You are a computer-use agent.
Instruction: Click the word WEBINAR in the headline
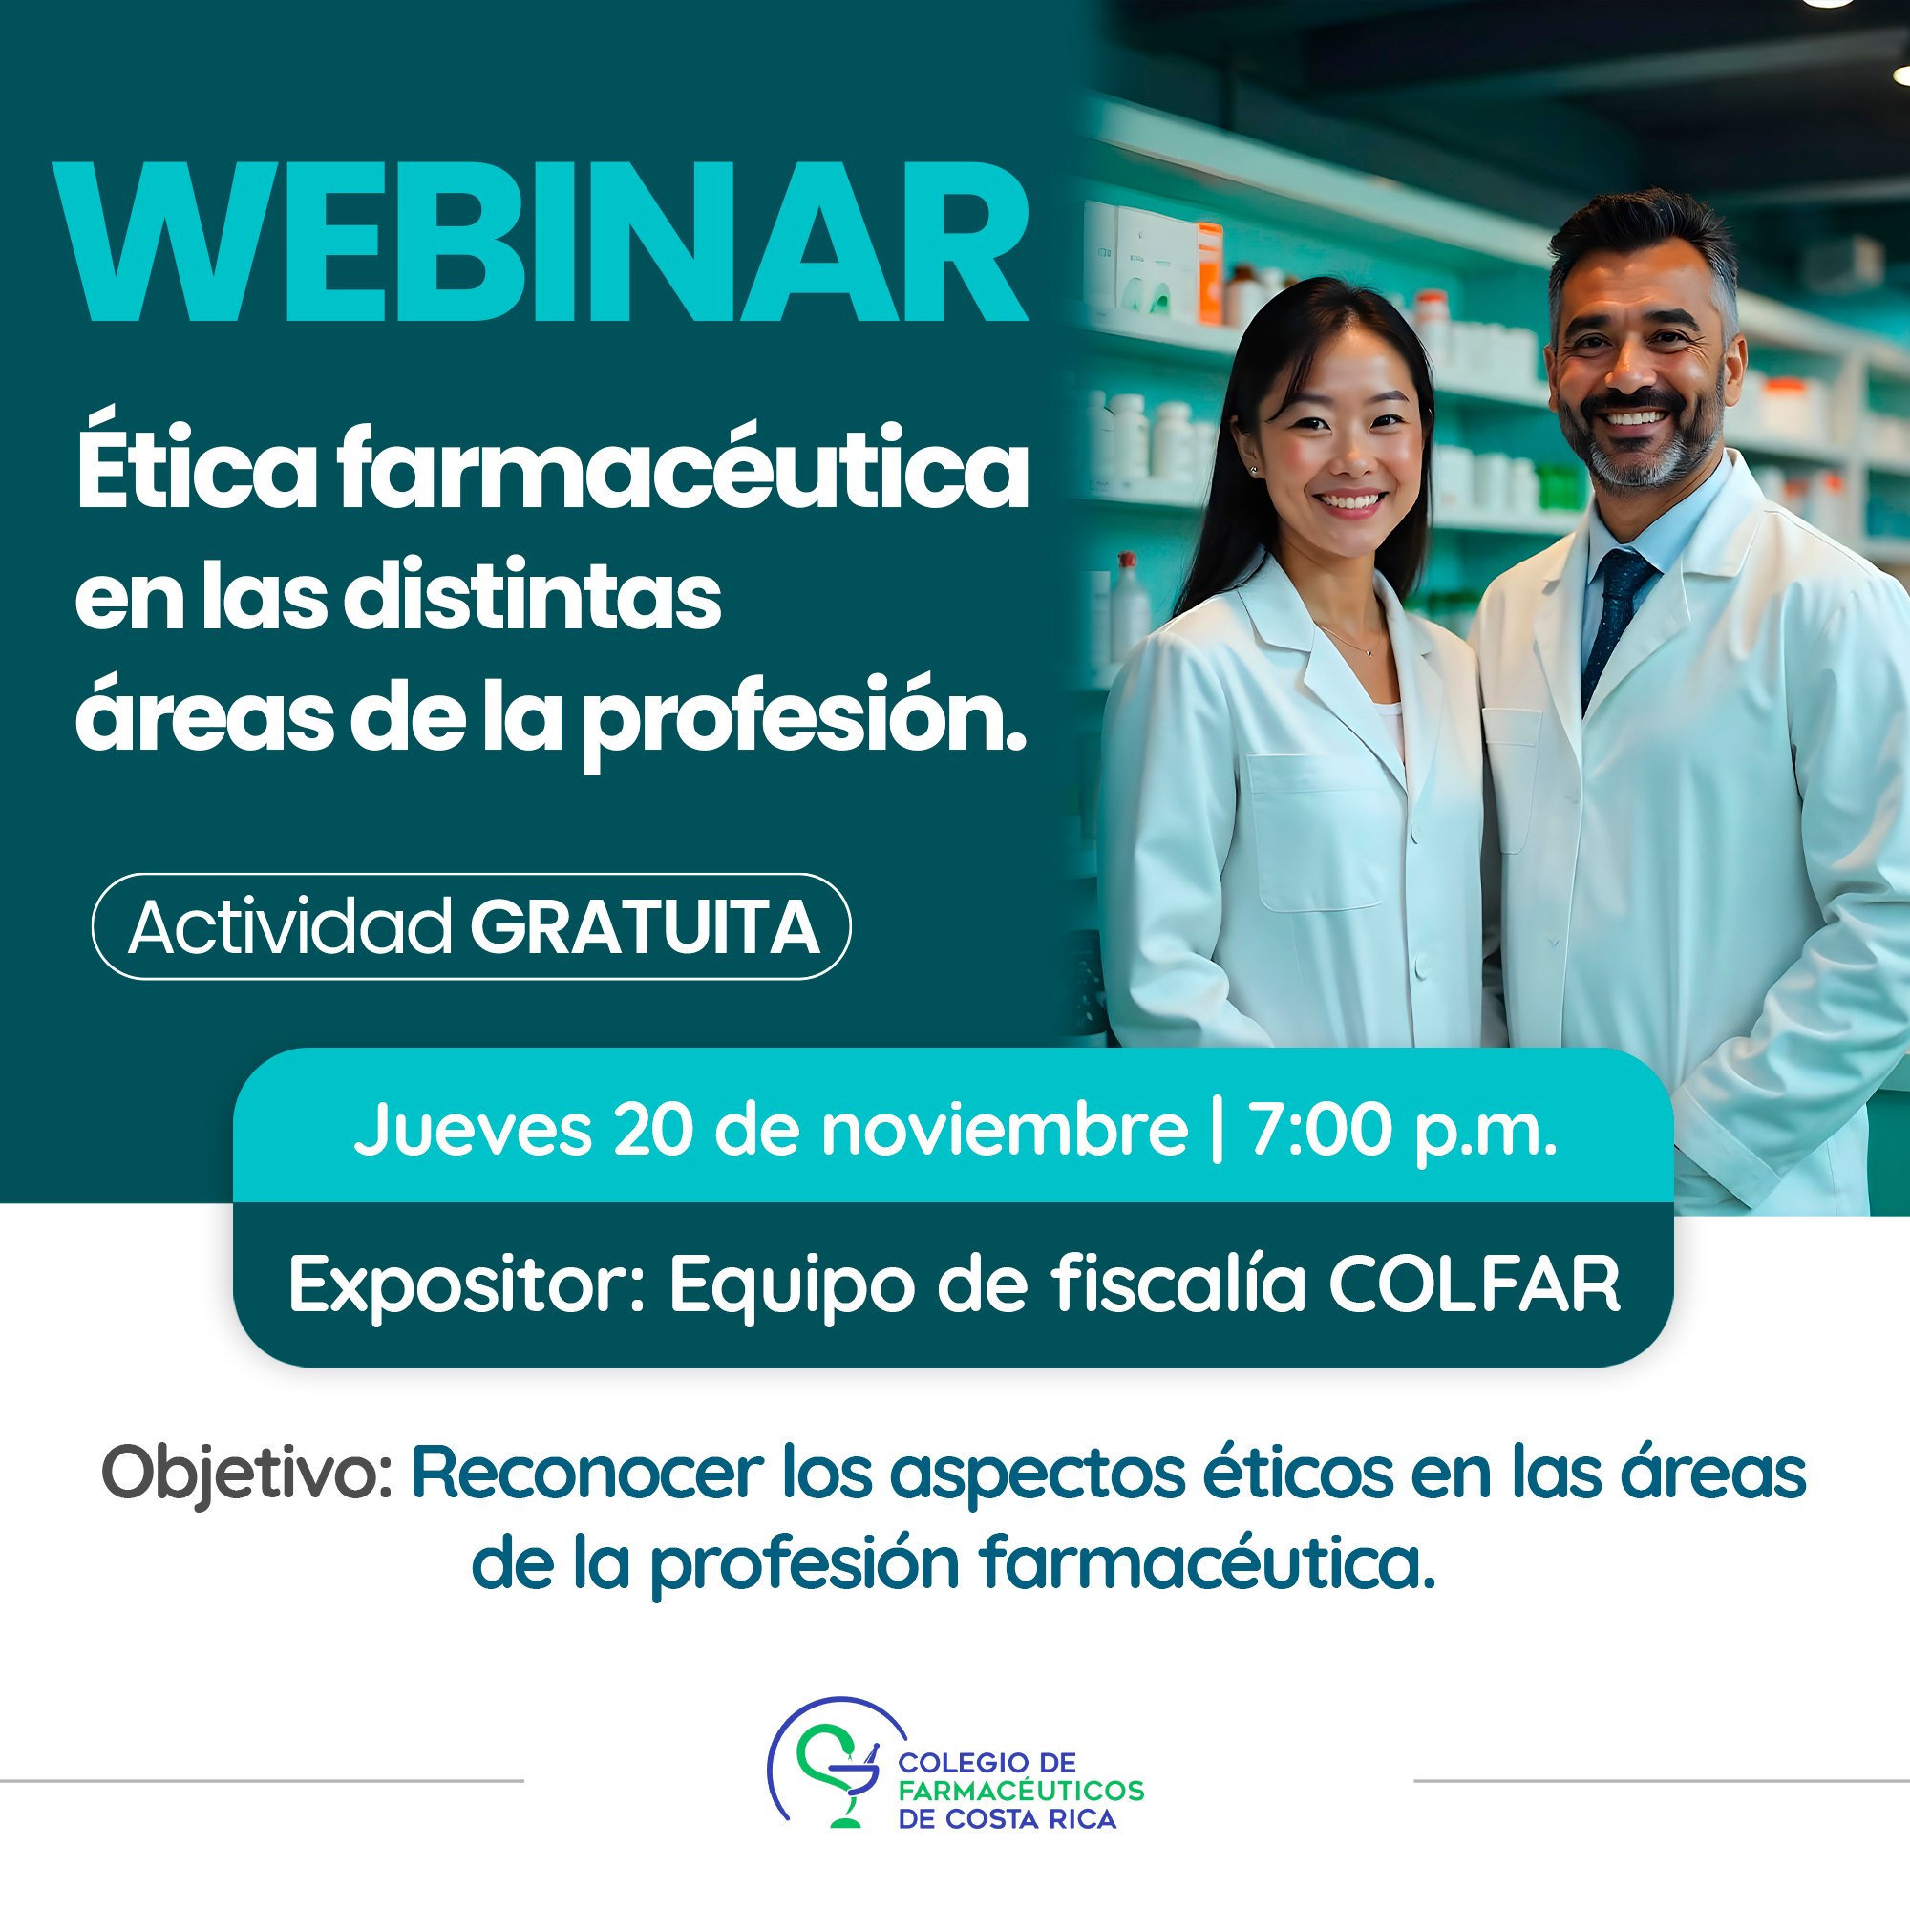click(541, 244)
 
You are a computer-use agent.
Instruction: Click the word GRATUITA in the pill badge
click(645, 927)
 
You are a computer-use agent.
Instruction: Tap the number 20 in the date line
click(651, 1129)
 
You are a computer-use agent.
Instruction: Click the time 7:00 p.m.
click(1402, 1129)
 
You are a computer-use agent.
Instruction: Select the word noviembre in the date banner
click(1004, 1129)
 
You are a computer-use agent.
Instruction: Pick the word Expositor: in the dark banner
click(466, 1284)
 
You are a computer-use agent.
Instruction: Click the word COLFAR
click(1473, 1284)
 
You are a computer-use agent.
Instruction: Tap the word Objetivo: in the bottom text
click(247, 1473)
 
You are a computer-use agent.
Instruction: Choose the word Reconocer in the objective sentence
click(587, 1473)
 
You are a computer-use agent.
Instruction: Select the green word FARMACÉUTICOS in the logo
click(1020, 1791)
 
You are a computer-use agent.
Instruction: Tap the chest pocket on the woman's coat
click(1315, 831)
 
